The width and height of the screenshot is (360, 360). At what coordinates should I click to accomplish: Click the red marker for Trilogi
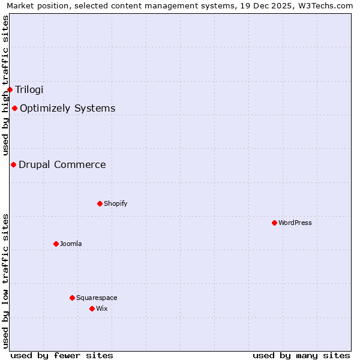pyautogui.click(x=10, y=89)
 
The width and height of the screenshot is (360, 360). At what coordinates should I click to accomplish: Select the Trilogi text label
pyautogui.click(x=29, y=89)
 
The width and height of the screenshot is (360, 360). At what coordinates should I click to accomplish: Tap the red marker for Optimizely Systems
pyautogui.click(x=14, y=108)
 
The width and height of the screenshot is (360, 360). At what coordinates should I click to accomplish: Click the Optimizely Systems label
pyautogui.click(x=67, y=108)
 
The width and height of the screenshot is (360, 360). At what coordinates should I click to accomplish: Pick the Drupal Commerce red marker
pyautogui.click(x=13, y=164)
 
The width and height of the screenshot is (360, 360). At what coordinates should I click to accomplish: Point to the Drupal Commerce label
pyautogui.click(x=62, y=164)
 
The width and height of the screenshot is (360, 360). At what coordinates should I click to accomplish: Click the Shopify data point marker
pyautogui.click(x=100, y=203)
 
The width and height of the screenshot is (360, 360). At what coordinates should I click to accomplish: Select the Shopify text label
pyautogui.click(x=115, y=203)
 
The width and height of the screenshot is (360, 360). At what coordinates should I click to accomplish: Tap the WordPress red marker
pyautogui.click(x=274, y=223)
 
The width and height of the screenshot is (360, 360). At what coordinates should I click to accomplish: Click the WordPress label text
pyautogui.click(x=295, y=223)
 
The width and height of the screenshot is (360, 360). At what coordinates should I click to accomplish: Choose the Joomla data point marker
pyautogui.click(x=56, y=244)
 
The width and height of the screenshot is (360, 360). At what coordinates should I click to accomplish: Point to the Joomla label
pyautogui.click(x=70, y=244)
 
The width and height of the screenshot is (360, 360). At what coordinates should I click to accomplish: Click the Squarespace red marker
pyautogui.click(x=72, y=298)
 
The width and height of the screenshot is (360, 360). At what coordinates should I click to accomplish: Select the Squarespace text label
pyautogui.click(x=97, y=298)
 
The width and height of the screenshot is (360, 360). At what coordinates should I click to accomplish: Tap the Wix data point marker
pyautogui.click(x=92, y=308)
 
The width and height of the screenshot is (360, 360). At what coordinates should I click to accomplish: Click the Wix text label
pyautogui.click(x=101, y=308)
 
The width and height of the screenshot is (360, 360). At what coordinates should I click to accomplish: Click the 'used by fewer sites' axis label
pyautogui.click(x=62, y=355)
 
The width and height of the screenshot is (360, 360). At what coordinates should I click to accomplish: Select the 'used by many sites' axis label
pyautogui.click(x=301, y=355)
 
